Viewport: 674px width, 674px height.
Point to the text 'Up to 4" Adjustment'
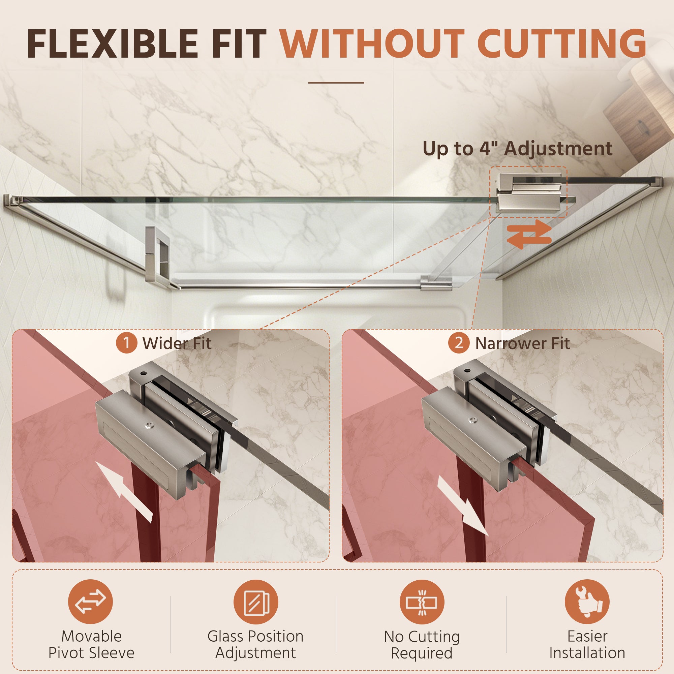point(517,149)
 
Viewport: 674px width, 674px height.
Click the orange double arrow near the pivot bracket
point(529,234)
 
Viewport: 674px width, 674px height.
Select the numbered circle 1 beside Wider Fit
point(126,343)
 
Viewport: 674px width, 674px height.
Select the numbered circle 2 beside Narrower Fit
point(459,343)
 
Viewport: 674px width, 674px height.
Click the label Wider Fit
point(177,344)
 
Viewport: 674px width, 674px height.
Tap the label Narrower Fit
point(523,344)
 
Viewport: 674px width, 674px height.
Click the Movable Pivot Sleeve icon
point(90,602)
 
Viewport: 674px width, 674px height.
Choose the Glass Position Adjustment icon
point(256,602)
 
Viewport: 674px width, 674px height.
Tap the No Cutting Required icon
point(422,602)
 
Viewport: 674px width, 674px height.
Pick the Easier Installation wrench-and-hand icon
point(587,602)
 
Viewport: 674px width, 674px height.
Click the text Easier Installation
point(587,645)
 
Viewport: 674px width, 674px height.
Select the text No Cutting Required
point(422,645)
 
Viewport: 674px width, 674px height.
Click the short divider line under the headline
point(336,83)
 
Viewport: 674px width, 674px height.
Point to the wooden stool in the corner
point(642,101)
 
